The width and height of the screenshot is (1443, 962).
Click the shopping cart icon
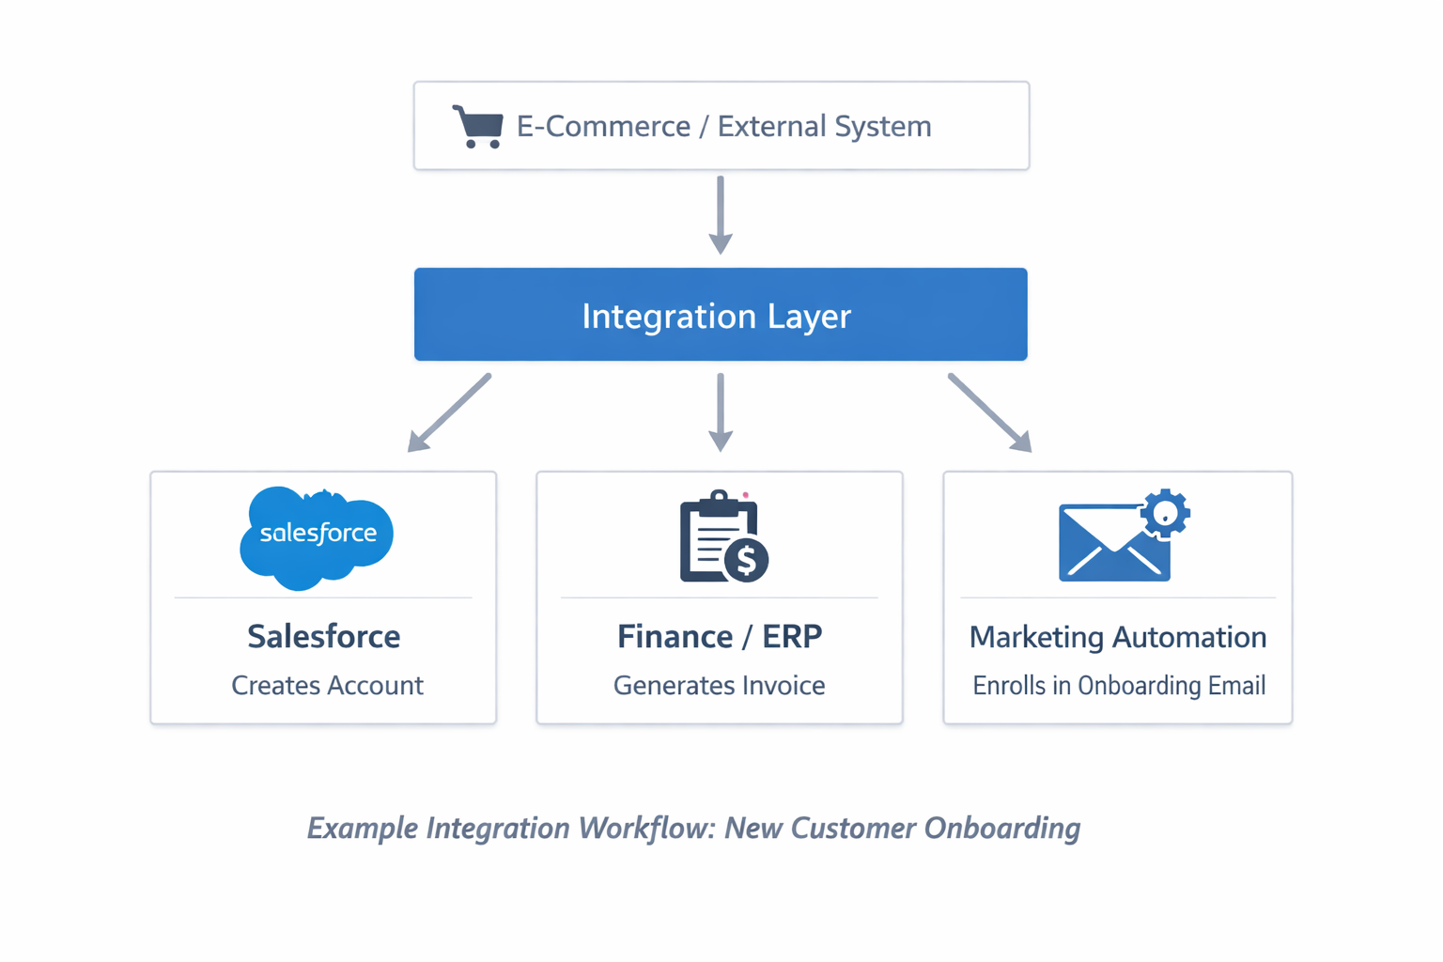(478, 126)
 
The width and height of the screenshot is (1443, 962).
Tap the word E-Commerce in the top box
(603, 126)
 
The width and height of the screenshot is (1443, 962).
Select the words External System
(824, 126)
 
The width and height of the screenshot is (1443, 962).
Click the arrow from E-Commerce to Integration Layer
(721, 214)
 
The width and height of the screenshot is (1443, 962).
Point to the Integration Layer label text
(716, 316)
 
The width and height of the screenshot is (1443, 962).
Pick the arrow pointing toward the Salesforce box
(449, 412)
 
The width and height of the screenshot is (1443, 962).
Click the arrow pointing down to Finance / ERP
(721, 411)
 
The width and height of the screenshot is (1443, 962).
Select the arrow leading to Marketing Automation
(990, 412)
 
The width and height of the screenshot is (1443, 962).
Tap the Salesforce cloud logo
(317, 536)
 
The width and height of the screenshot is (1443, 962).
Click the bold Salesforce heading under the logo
(323, 637)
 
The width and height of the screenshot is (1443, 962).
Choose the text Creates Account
(327, 686)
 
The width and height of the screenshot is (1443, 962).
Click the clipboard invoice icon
(716, 537)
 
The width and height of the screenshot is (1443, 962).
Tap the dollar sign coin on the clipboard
(747, 560)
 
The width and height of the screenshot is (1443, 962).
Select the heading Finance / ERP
(720, 637)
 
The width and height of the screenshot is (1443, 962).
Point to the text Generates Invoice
(720, 686)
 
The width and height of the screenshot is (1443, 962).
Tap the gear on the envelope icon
(1165, 513)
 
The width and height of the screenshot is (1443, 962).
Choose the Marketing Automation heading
(1118, 637)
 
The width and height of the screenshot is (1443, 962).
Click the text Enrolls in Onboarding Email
(1119, 686)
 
